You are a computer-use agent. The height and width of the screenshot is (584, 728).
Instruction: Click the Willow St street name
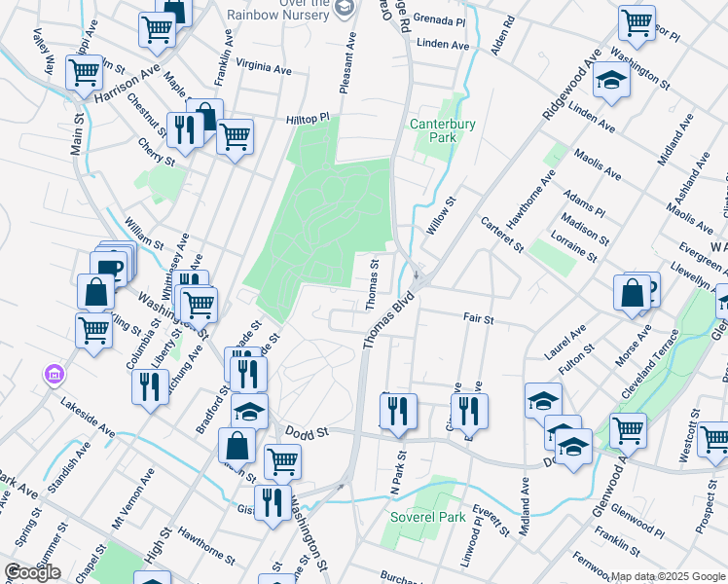coord(442,219)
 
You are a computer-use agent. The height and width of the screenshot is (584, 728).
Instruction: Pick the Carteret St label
coord(502,235)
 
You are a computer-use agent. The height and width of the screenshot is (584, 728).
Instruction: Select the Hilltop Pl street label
coord(309,118)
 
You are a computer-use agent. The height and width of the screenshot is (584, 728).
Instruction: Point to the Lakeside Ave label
coord(88,416)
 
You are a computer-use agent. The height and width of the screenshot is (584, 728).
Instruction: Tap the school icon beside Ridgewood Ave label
coord(611,80)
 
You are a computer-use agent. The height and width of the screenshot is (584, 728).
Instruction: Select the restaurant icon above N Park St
coord(398,411)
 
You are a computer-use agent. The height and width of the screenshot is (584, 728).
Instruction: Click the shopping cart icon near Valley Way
coord(85,71)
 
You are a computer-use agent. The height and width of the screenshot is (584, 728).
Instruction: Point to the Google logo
coord(32,572)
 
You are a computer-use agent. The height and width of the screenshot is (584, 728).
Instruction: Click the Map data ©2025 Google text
coord(668,576)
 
